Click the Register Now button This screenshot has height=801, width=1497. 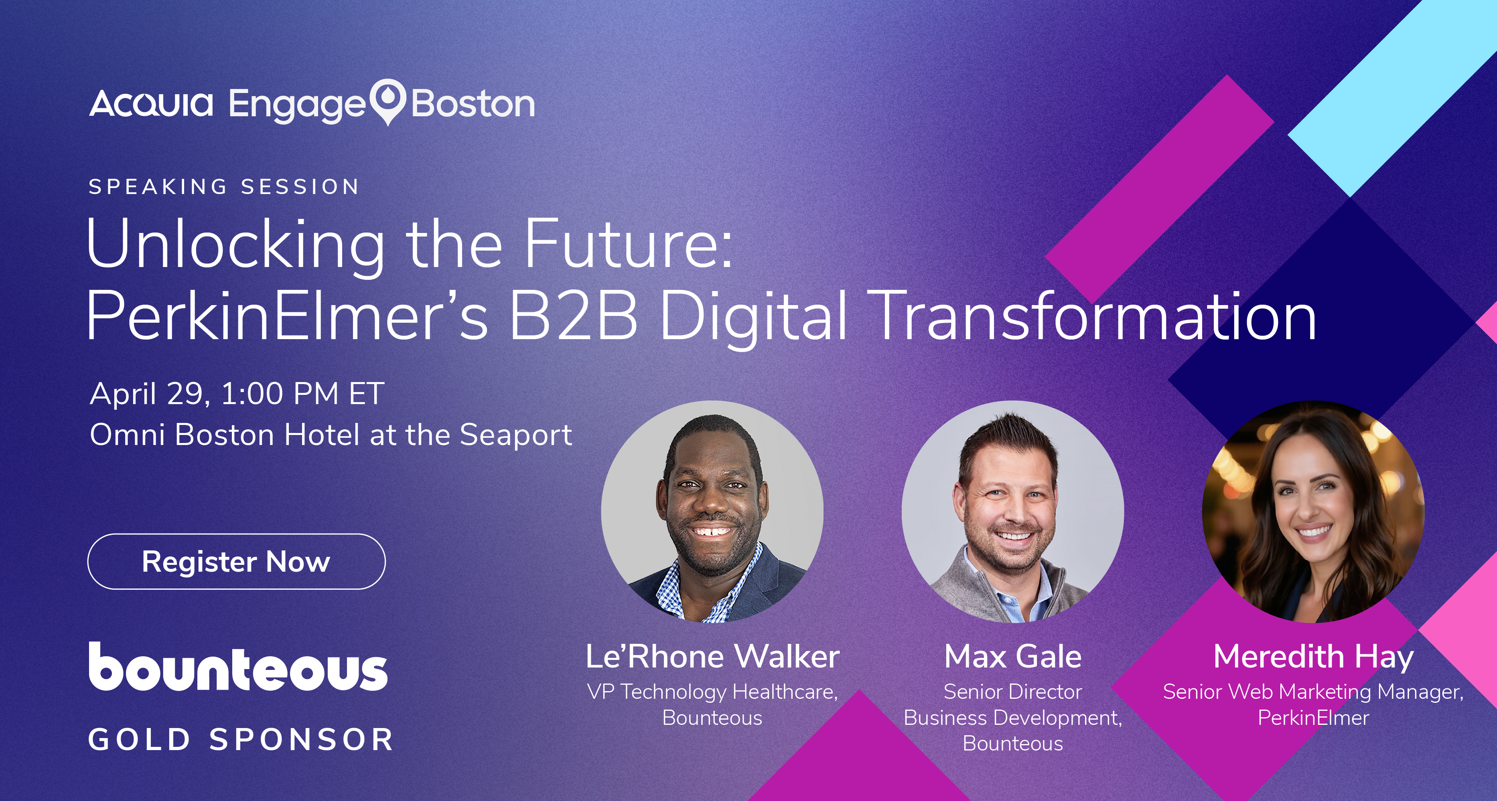coord(236,561)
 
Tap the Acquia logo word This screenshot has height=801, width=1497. coord(151,104)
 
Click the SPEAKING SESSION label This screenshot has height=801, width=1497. coord(224,186)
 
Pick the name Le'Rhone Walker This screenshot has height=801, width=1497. coord(712,656)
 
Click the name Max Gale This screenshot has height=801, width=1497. coord(1013,656)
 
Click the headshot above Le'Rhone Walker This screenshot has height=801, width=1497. coord(712,512)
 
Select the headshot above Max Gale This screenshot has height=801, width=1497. coord(1013,512)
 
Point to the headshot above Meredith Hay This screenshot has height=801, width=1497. coord(1313,512)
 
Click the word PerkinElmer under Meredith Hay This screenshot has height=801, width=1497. coord(1313,718)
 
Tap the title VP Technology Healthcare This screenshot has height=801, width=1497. coord(712,692)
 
